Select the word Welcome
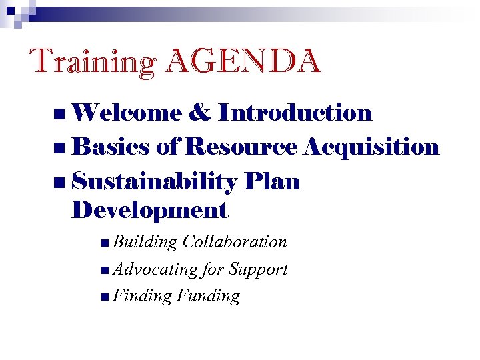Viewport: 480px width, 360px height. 127,113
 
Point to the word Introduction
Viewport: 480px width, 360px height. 295,113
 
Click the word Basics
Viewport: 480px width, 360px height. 110,147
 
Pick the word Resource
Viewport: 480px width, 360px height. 241,147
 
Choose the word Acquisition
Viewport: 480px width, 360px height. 371,147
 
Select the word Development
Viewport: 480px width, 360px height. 149,211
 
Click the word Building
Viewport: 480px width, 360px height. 145,242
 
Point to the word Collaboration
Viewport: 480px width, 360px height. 235,242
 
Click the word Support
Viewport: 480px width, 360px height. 258,269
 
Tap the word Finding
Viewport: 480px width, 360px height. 143,296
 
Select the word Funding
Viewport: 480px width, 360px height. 208,296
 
